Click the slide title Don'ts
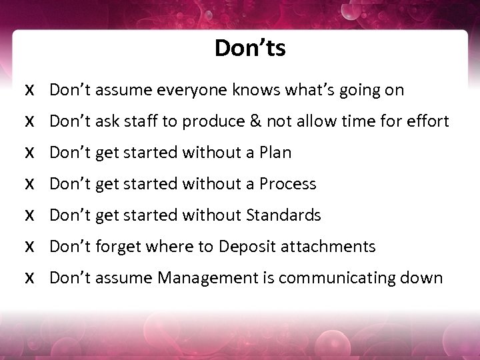[x=250, y=49]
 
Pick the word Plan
[x=275, y=153]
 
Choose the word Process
[x=287, y=184]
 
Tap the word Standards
[x=283, y=215]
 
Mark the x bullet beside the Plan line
[x=29, y=153]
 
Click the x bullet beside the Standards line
[x=29, y=216]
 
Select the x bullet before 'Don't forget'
[x=29, y=247]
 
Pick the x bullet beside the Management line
[x=29, y=279]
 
